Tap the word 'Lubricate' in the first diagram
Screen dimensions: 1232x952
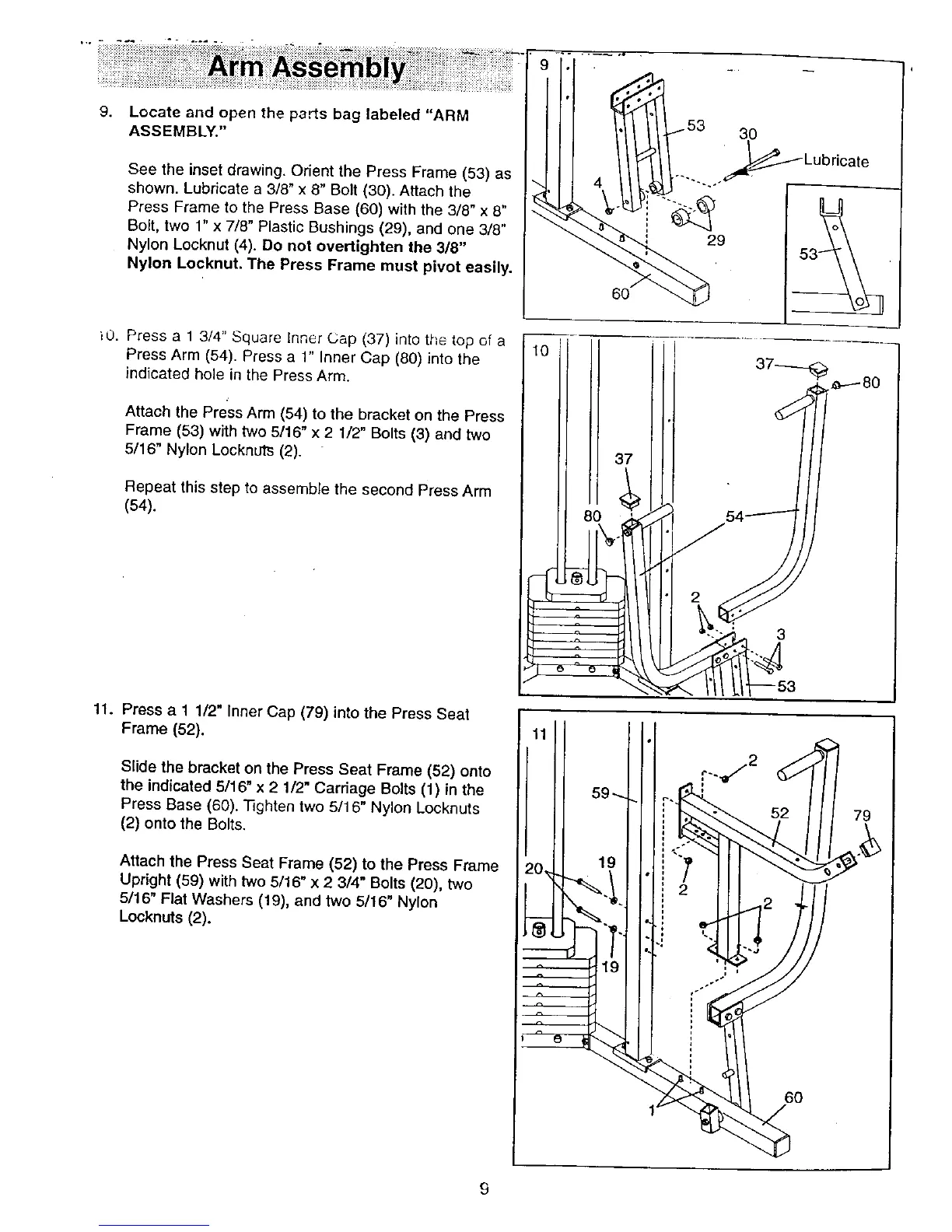[835, 162]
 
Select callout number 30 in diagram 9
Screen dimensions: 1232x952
[747, 134]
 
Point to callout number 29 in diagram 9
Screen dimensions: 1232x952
[716, 240]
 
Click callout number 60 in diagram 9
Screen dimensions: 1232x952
[620, 294]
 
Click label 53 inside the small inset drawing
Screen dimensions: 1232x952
[808, 254]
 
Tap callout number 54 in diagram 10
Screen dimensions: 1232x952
[735, 516]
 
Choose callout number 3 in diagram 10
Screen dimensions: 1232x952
[781, 635]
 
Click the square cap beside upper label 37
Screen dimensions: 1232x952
[817, 369]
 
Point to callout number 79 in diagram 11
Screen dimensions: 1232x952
[862, 816]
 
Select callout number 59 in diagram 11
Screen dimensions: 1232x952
[600, 793]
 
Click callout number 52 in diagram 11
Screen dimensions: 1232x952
[779, 814]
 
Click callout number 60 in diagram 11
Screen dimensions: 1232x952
[793, 1097]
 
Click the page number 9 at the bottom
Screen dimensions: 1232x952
[483, 1188]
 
